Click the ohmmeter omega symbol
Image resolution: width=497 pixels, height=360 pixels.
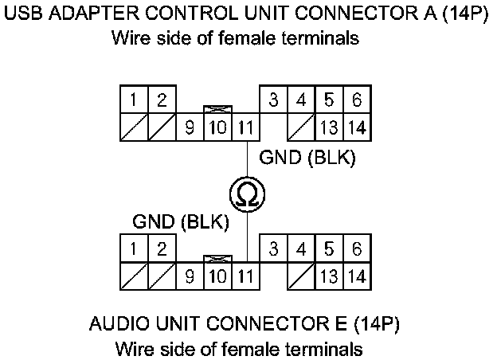click(247, 194)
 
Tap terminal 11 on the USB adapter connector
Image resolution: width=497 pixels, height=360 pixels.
click(246, 127)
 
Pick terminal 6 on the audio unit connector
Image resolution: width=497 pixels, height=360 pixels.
click(356, 249)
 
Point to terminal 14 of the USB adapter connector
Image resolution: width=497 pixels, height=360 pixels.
click(356, 127)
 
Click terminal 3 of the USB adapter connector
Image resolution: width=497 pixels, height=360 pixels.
click(273, 100)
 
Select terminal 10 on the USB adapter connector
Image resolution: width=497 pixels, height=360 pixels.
click(218, 127)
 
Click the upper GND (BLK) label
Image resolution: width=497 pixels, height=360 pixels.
click(307, 158)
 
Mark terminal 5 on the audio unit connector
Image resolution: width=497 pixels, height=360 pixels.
click(328, 249)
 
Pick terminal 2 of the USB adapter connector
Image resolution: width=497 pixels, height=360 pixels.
click(161, 100)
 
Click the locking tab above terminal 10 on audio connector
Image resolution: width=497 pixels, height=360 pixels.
click(218, 258)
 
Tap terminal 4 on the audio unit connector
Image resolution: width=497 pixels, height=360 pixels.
click(300, 249)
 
